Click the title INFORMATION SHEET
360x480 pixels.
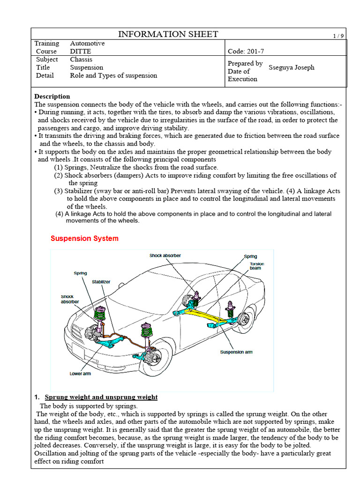pyautogui.click(x=168, y=34)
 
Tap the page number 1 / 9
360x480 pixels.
pyautogui.click(x=338, y=36)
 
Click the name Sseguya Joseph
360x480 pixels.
pyautogui.click(x=291, y=67)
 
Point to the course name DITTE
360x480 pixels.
pyautogui.click(x=80, y=52)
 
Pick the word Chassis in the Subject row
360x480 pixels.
pyautogui.click(x=81, y=60)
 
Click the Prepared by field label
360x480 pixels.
pyautogui.click(x=245, y=63)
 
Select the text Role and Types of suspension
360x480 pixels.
pyautogui.click(x=113, y=75)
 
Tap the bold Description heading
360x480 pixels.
pyautogui.click(x=52, y=96)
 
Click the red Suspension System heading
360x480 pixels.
pyautogui.click(x=84, y=238)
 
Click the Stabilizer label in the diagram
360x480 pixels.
pyautogui.click(x=101, y=282)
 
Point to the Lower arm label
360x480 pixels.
pyautogui.click(x=80, y=374)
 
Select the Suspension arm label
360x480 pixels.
pyautogui.click(x=236, y=352)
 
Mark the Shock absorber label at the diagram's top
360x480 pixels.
pyautogui.click(x=165, y=255)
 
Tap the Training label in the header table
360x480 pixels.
pyautogui.click(x=47, y=44)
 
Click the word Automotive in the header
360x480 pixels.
pyautogui.click(x=87, y=44)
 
